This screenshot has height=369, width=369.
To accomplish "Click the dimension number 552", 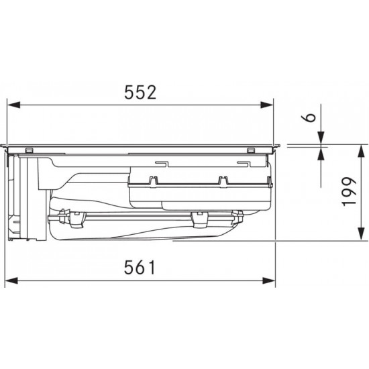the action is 140,92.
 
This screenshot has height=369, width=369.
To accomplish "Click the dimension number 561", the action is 140,267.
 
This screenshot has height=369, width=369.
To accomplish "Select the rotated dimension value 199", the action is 350,192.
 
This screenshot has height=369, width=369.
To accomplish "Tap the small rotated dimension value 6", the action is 311,117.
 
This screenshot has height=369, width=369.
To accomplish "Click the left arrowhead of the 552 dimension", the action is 13,105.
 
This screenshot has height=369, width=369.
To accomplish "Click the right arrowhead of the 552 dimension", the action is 267,105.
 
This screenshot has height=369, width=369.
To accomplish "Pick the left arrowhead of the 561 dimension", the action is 11,280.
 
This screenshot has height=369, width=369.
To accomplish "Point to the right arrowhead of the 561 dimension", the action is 269,280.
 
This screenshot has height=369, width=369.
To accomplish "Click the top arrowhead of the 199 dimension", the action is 361,151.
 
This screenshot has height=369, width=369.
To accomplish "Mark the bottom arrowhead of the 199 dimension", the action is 361,233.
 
